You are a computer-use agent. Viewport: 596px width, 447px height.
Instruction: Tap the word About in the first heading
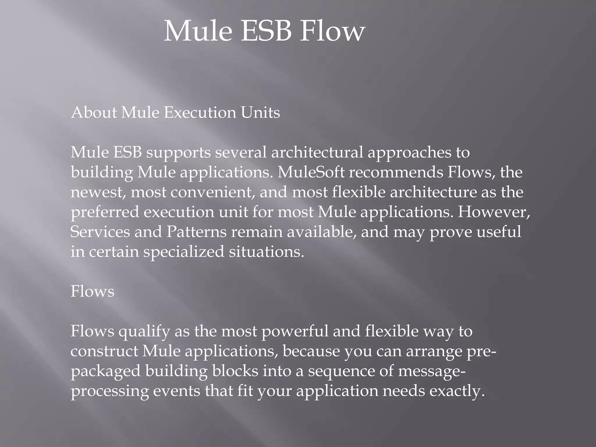tap(94, 112)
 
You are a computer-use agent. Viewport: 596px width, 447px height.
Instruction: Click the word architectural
tap(317, 152)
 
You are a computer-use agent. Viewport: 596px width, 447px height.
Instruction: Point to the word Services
tap(100, 232)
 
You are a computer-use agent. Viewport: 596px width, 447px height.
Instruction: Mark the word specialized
tap(184, 252)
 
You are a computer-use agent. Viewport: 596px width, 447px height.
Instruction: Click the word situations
tap(266, 251)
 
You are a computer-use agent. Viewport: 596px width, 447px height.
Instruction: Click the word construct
tap(104, 351)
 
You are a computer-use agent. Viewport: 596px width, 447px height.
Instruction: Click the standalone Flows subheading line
tap(92, 291)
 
